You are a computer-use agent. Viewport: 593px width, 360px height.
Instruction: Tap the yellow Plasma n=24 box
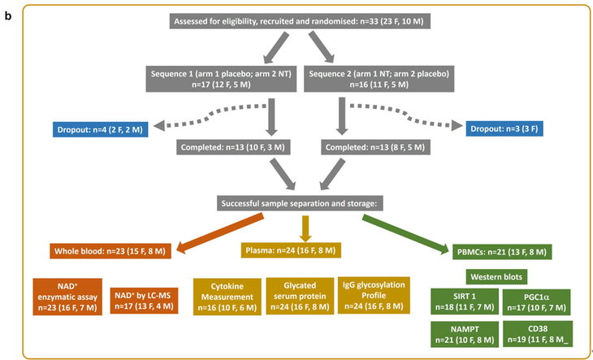pos(297,251)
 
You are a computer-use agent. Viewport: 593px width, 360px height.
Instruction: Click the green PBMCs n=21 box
pos(491,251)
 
